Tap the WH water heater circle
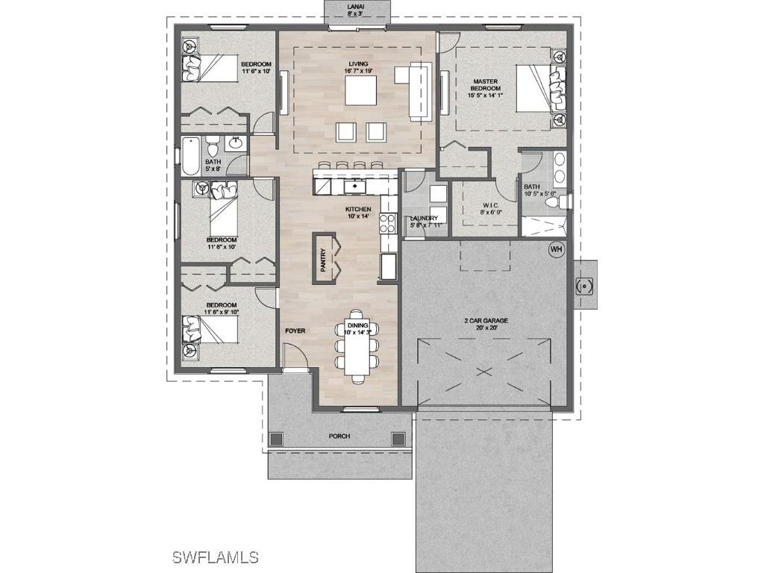[x=556, y=249]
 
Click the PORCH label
[x=339, y=436]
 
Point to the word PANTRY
[x=324, y=264]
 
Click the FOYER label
[x=295, y=330]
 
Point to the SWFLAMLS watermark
[x=215, y=557]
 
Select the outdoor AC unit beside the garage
[x=585, y=284]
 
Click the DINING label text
[x=358, y=326]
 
